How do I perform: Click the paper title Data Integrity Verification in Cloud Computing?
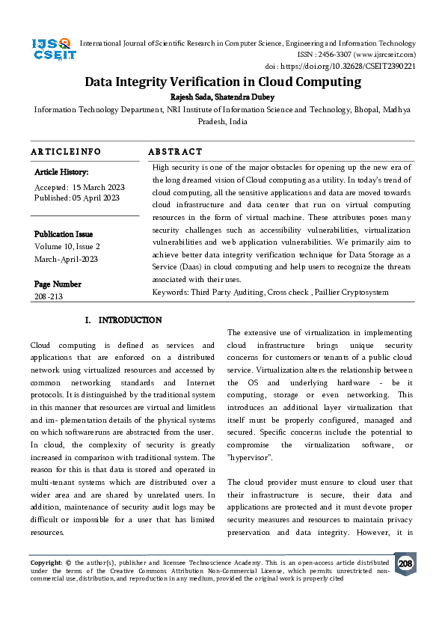[x=222, y=82]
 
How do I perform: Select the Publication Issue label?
[x=64, y=234]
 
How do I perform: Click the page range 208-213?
[x=49, y=296]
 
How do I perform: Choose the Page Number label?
[x=58, y=284]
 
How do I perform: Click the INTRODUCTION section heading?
[x=129, y=320]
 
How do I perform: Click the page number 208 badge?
[x=405, y=563]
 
